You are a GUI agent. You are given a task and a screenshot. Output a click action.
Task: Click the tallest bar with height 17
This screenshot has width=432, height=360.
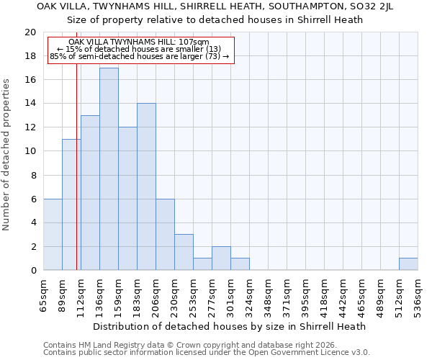[x=109, y=169]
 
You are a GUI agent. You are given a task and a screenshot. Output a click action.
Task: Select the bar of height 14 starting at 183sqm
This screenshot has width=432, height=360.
[x=146, y=187]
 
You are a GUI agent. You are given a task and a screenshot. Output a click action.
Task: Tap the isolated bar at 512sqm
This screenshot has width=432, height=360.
[x=408, y=264]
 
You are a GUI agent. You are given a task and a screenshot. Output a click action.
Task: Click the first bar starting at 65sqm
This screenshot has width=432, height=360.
[x=53, y=235]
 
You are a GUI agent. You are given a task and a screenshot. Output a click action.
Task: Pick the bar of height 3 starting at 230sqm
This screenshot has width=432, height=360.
[x=184, y=252]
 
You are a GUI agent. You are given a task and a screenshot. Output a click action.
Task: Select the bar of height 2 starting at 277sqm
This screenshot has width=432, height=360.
[x=221, y=258]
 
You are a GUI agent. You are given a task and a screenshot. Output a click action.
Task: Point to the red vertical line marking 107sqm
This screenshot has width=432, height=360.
[x=76, y=180]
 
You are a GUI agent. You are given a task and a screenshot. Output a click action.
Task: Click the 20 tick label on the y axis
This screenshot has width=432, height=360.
[x=30, y=32]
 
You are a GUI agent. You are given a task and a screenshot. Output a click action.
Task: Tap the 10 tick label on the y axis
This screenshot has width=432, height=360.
[x=30, y=151]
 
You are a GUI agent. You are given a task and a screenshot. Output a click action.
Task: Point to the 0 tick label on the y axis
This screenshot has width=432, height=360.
[x=33, y=270]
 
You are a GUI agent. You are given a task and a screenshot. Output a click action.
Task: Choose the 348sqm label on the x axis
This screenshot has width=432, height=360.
[x=268, y=296]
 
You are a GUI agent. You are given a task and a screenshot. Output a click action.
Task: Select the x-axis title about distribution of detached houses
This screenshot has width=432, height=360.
[x=230, y=326]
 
